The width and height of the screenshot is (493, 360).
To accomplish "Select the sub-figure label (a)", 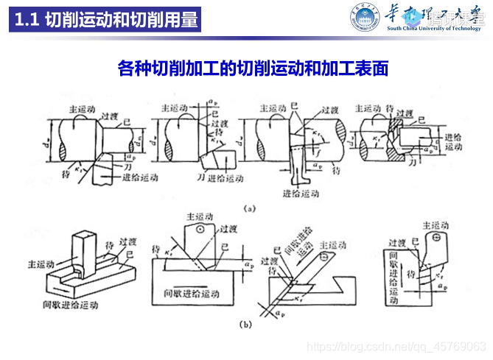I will pos(249,209).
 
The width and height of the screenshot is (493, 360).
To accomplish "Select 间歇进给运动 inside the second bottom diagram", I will pos(191,294).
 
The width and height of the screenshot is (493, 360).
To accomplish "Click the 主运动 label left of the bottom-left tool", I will pos(43,261).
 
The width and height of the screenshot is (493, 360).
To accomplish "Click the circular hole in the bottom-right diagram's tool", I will pos(436,238).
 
